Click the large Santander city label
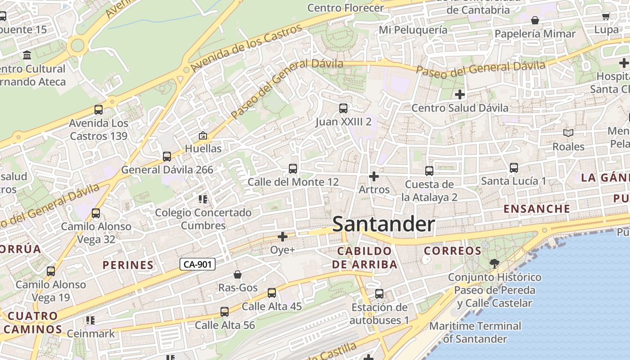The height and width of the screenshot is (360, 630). coord(383,224)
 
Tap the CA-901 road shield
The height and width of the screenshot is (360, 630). coord(198,264)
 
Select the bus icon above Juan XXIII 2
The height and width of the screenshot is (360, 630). coord(343,108)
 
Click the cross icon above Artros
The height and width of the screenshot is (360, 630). coord(373,176)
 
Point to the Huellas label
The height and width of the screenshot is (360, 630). coord(203,148)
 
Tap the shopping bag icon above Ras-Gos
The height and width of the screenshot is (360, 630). coord(238,274)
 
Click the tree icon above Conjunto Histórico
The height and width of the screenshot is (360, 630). coord(495,264)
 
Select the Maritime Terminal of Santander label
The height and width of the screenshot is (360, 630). coord(475,332)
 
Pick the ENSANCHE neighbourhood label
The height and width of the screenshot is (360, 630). coord(537,209)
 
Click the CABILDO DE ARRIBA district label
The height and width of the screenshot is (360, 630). coord(364,257)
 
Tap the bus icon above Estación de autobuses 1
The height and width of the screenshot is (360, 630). coord(379,294)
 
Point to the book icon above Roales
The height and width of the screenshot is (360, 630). coord(568,133)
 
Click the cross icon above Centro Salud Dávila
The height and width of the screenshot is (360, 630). coord(459,94)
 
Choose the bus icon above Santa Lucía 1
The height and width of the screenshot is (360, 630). coord(513,168)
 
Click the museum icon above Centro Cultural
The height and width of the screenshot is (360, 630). coord(27,55)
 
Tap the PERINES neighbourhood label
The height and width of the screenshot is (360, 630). coord(128,265)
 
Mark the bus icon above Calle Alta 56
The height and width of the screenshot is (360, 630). coord(225,311)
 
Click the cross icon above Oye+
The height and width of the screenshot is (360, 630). coord(283,237)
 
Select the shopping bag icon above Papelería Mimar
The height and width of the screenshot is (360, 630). coord(535,20)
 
